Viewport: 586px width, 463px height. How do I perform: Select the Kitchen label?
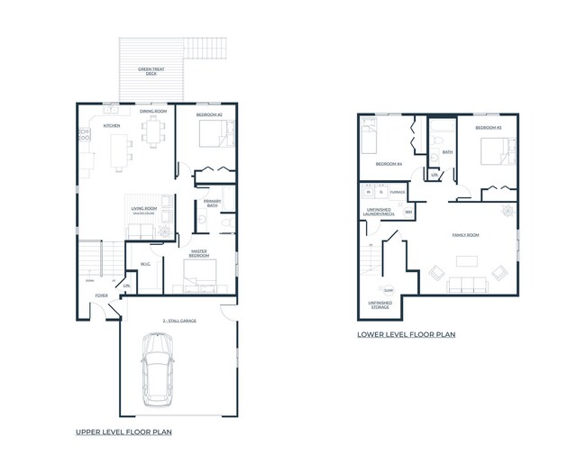pyautogui.click(x=112, y=125)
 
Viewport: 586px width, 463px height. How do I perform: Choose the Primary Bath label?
pyautogui.click(x=213, y=203)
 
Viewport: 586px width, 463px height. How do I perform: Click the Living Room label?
pyautogui.click(x=146, y=209)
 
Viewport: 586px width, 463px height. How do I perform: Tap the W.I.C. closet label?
pyautogui.click(x=144, y=264)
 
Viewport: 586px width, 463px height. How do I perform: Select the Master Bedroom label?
pyautogui.click(x=201, y=253)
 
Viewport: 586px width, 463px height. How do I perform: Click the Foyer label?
pyautogui.click(x=102, y=295)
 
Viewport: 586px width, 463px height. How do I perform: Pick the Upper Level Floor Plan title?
pyautogui.click(x=124, y=432)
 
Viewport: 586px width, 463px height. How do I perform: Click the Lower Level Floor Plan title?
pyautogui.click(x=406, y=334)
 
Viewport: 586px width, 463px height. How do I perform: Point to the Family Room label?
pyautogui.click(x=465, y=234)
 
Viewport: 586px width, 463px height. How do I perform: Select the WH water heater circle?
pyautogui.click(x=408, y=213)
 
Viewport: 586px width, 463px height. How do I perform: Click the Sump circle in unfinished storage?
pyautogui.click(x=388, y=290)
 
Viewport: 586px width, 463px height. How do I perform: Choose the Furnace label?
pyautogui.click(x=398, y=192)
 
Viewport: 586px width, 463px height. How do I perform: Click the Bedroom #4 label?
pyautogui.click(x=389, y=164)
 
